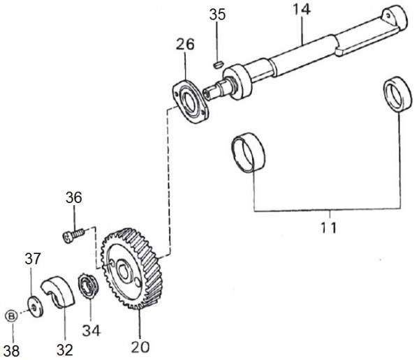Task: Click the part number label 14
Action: (302, 9)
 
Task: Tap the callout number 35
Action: (217, 15)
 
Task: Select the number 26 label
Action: (185, 45)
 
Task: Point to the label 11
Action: (329, 228)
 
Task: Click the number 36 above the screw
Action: (74, 198)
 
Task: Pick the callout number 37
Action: (33, 259)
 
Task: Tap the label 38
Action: (12, 350)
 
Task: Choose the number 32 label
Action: (65, 350)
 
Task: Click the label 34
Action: (91, 331)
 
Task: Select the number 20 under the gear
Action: (140, 347)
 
